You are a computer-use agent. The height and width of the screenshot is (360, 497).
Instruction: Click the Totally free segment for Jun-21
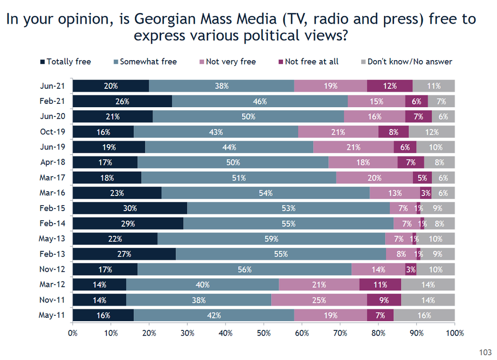point(111,86)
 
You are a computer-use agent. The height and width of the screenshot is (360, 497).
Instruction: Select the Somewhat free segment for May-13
point(271,239)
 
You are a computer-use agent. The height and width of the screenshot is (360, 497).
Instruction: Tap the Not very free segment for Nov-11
point(319,300)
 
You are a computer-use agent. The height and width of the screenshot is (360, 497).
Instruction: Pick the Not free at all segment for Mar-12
point(380,285)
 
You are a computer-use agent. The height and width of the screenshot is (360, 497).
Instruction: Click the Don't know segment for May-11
point(424,315)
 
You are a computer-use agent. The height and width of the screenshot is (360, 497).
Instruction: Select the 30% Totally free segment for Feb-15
point(130,208)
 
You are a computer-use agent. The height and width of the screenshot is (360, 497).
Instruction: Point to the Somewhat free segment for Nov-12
point(245,269)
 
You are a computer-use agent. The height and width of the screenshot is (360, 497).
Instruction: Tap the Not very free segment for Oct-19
point(338,132)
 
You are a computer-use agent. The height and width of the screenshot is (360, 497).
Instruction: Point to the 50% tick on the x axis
point(264,333)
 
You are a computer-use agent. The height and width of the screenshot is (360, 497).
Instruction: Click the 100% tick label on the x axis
point(455,333)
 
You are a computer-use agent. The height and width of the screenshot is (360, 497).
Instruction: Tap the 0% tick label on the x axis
point(73,333)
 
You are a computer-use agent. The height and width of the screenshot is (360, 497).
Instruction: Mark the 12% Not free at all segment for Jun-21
point(390,86)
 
